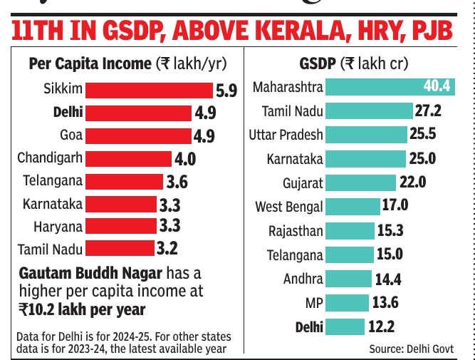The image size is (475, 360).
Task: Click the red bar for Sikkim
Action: pos(148,90)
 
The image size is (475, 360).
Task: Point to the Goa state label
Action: pos(71,135)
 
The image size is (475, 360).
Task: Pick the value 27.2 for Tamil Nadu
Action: pos(429,110)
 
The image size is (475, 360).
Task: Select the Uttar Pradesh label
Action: pos(286,134)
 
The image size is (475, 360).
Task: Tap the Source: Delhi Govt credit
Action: pos(411,349)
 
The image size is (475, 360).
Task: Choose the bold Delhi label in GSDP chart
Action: pos(308,327)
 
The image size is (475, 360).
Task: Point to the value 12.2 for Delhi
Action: pos(380,327)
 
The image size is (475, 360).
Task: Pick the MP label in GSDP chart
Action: pos(313,303)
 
